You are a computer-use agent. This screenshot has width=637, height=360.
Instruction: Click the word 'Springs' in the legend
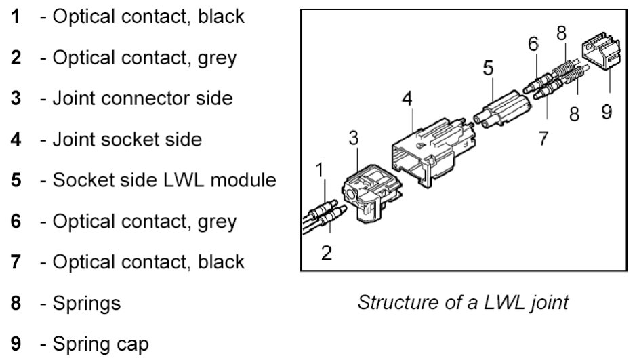pyautogui.click(x=87, y=302)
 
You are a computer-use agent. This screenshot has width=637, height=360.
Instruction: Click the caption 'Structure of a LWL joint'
pyautogui.click(x=463, y=301)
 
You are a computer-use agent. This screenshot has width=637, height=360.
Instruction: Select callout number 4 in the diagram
pyautogui.click(x=407, y=98)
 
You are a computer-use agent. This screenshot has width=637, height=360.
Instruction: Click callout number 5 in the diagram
pyautogui.click(x=489, y=69)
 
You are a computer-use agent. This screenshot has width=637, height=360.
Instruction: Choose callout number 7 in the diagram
pyautogui.click(x=542, y=138)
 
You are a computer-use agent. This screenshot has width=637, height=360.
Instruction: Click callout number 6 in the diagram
pyautogui.click(x=533, y=44)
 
